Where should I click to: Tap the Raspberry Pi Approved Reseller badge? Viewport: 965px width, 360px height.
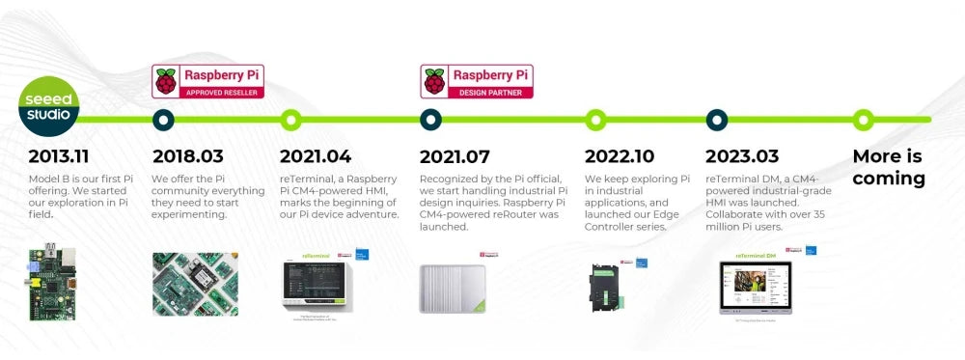tap(208, 81)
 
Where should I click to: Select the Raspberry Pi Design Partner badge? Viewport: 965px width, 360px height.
tap(477, 81)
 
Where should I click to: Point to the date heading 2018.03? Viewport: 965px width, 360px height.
tap(188, 156)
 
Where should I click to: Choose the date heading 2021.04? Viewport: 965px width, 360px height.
tap(316, 156)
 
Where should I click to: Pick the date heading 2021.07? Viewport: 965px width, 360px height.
tap(455, 156)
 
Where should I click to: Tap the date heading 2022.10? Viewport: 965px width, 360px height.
tap(620, 156)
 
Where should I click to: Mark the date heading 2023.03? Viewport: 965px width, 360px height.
tap(742, 156)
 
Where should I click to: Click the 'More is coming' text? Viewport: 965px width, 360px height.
tap(888, 167)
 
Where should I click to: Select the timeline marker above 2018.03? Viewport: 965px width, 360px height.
tap(164, 120)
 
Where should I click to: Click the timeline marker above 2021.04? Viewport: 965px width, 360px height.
tap(290, 120)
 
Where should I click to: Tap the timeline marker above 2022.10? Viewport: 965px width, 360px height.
tap(596, 120)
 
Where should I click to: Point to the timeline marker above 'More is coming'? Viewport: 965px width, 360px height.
tap(864, 120)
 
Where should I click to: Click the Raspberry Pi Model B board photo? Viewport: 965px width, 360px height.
tap(53, 281)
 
